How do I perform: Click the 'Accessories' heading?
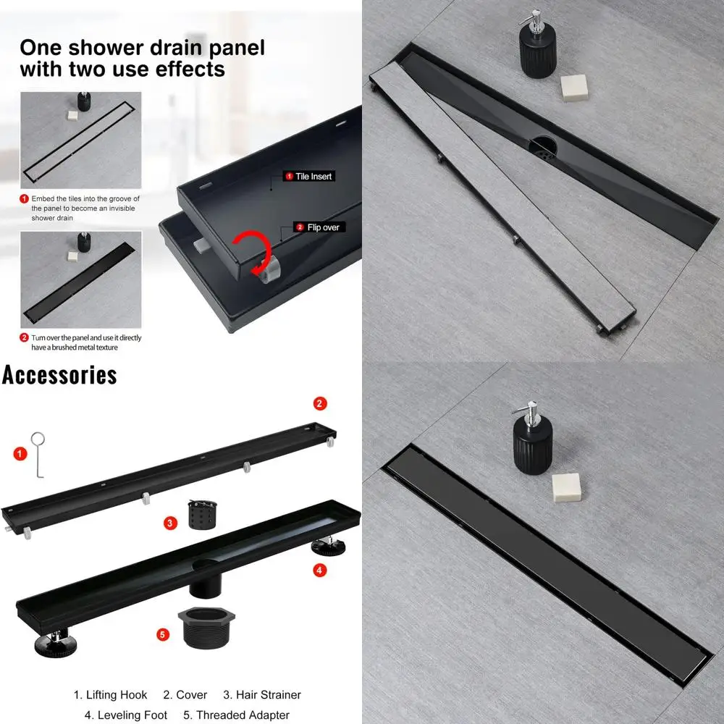59,374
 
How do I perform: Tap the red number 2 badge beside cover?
320,403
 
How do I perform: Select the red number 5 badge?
164,634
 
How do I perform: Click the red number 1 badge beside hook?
20,454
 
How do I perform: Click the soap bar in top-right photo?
575,87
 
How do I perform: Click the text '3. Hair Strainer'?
261,695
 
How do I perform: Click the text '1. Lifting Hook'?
110,695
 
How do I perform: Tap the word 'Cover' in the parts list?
192,695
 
